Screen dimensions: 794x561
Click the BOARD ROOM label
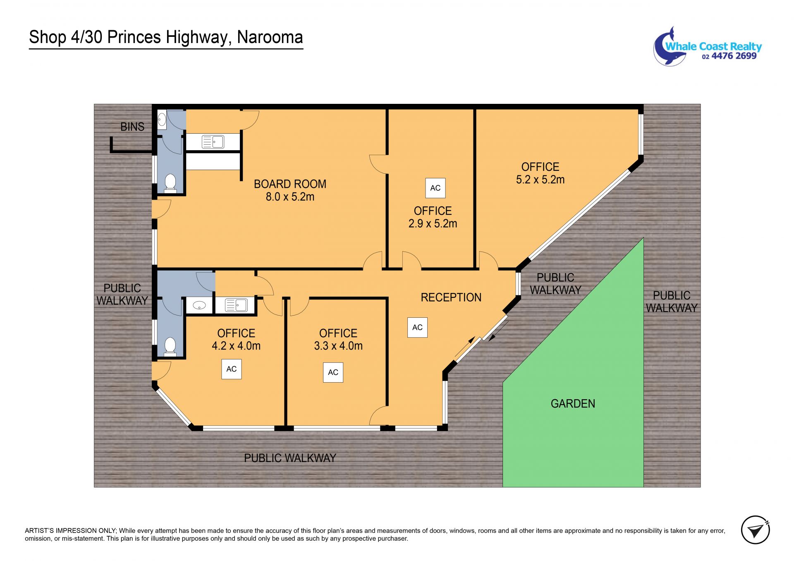click(x=290, y=184)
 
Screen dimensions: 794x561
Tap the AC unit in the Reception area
click(x=417, y=327)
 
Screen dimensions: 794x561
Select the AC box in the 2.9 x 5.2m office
click(x=435, y=188)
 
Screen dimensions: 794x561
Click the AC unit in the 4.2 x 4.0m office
click(x=232, y=369)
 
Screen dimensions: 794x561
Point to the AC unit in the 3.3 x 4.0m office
click(x=333, y=372)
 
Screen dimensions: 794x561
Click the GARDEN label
click(x=573, y=404)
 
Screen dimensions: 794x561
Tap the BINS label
click(x=132, y=127)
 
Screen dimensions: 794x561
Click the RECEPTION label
click(x=451, y=297)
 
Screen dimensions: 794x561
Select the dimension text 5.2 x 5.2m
click(x=540, y=180)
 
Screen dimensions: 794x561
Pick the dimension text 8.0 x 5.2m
click(x=290, y=197)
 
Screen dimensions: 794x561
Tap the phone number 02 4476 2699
click(x=729, y=56)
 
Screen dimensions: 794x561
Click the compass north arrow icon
click(x=755, y=530)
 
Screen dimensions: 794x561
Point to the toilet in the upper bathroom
click(x=170, y=183)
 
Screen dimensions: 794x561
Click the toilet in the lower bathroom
click(x=170, y=347)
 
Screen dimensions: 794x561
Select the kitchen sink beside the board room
click(x=213, y=142)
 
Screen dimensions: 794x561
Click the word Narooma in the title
click(x=270, y=37)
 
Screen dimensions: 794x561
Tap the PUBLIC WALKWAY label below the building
click(x=290, y=458)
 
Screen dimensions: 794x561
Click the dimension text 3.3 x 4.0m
click(x=338, y=346)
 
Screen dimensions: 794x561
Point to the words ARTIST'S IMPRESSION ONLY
click(x=71, y=531)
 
